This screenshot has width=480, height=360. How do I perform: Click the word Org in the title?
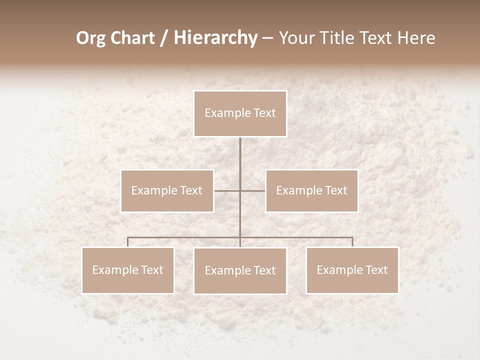click(91, 38)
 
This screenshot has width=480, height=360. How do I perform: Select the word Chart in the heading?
click(131, 38)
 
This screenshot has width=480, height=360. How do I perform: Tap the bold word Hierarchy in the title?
click(215, 38)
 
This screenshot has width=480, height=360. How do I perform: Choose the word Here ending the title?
click(416, 38)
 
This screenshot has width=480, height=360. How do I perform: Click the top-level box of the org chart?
click(240, 113)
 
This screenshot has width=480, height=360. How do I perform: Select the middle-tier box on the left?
click(167, 190)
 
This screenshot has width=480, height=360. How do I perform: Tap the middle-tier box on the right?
click(311, 190)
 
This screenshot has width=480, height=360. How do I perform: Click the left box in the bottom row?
click(128, 270)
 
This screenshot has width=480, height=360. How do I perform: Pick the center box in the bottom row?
click(240, 270)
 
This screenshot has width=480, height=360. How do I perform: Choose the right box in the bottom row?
click(352, 270)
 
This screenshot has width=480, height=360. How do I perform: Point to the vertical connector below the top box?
click(240, 160)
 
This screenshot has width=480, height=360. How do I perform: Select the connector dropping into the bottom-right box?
click(352, 242)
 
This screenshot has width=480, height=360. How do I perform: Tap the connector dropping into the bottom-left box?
click(128, 242)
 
